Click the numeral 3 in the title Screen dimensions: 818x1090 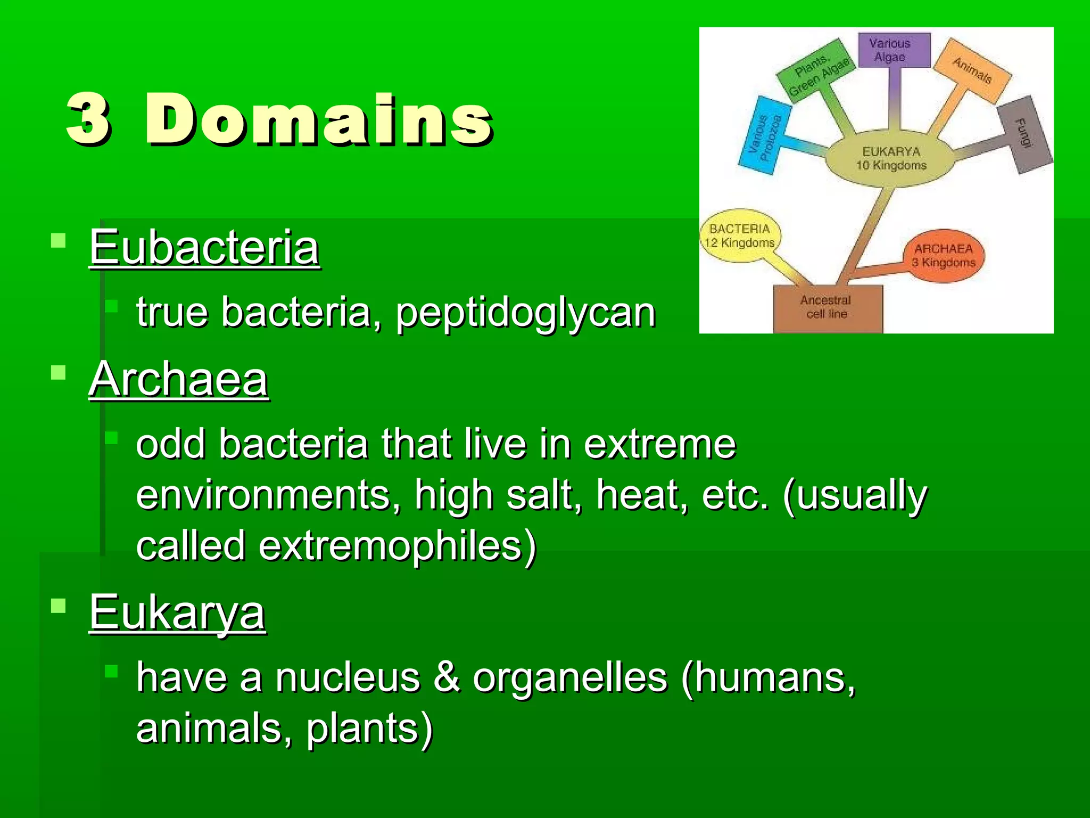[89, 119]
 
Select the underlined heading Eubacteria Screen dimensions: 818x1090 [204, 247]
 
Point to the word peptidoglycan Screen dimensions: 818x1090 [525, 312]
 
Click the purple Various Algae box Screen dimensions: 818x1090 [895, 51]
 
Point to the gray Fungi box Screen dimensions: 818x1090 [1024, 134]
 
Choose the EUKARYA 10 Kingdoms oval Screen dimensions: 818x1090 [891, 159]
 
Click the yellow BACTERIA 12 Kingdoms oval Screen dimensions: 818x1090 [740, 236]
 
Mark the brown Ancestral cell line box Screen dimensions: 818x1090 [827, 308]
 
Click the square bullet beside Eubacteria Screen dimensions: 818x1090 [58, 241]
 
